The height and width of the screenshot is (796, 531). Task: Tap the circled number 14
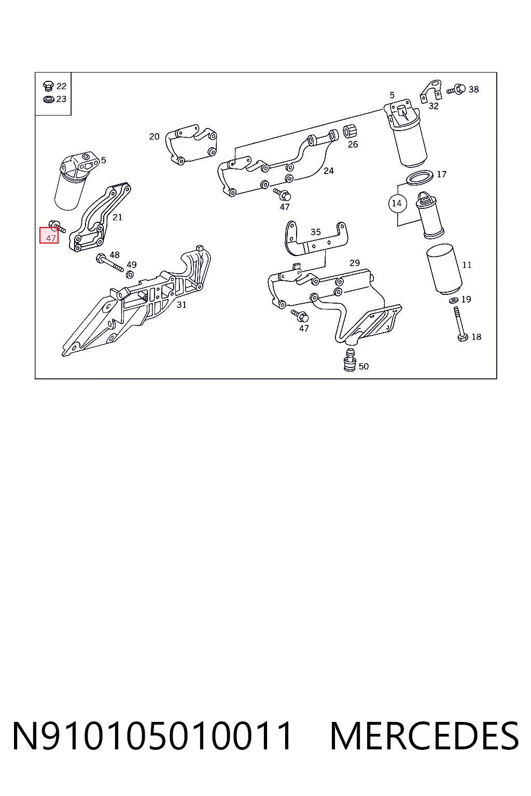(x=397, y=203)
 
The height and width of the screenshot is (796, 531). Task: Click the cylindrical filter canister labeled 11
(x=444, y=269)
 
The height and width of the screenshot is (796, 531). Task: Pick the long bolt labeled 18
(x=459, y=324)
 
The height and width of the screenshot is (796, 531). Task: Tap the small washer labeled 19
(x=453, y=301)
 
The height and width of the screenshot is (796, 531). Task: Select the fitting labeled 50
(x=350, y=360)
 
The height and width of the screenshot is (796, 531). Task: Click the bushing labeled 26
(x=350, y=132)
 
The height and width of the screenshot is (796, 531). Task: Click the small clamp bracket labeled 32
(x=430, y=91)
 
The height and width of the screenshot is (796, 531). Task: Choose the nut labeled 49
(x=130, y=274)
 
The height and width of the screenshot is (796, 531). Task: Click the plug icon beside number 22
(x=48, y=86)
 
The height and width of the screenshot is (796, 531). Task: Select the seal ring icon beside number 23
(x=48, y=99)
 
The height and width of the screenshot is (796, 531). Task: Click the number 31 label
(x=181, y=305)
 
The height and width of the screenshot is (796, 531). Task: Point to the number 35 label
(x=316, y=232)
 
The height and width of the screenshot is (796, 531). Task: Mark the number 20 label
(x=155, y=136)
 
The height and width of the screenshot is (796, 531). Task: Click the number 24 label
(x=329, y=171)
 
